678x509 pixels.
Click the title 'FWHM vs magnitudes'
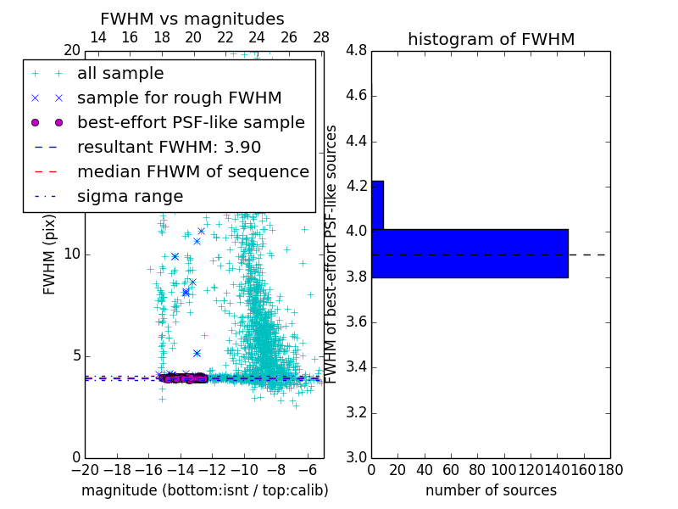192,20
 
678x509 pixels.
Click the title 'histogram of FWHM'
491,39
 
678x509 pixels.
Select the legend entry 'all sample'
120,74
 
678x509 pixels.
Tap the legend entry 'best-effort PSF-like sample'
191,122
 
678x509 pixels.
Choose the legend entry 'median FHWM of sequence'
192,171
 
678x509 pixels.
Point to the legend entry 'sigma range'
130,196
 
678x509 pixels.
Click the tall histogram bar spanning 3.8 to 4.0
470,254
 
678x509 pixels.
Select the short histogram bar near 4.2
377,204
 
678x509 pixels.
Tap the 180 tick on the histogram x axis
609,469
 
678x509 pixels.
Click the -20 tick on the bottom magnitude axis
85,469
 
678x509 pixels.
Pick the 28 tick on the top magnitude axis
321,37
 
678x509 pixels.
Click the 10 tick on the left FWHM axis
73,255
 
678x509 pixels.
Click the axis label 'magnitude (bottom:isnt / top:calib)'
204,490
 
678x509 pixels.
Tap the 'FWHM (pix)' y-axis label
50,255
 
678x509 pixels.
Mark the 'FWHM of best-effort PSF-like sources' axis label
332,255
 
